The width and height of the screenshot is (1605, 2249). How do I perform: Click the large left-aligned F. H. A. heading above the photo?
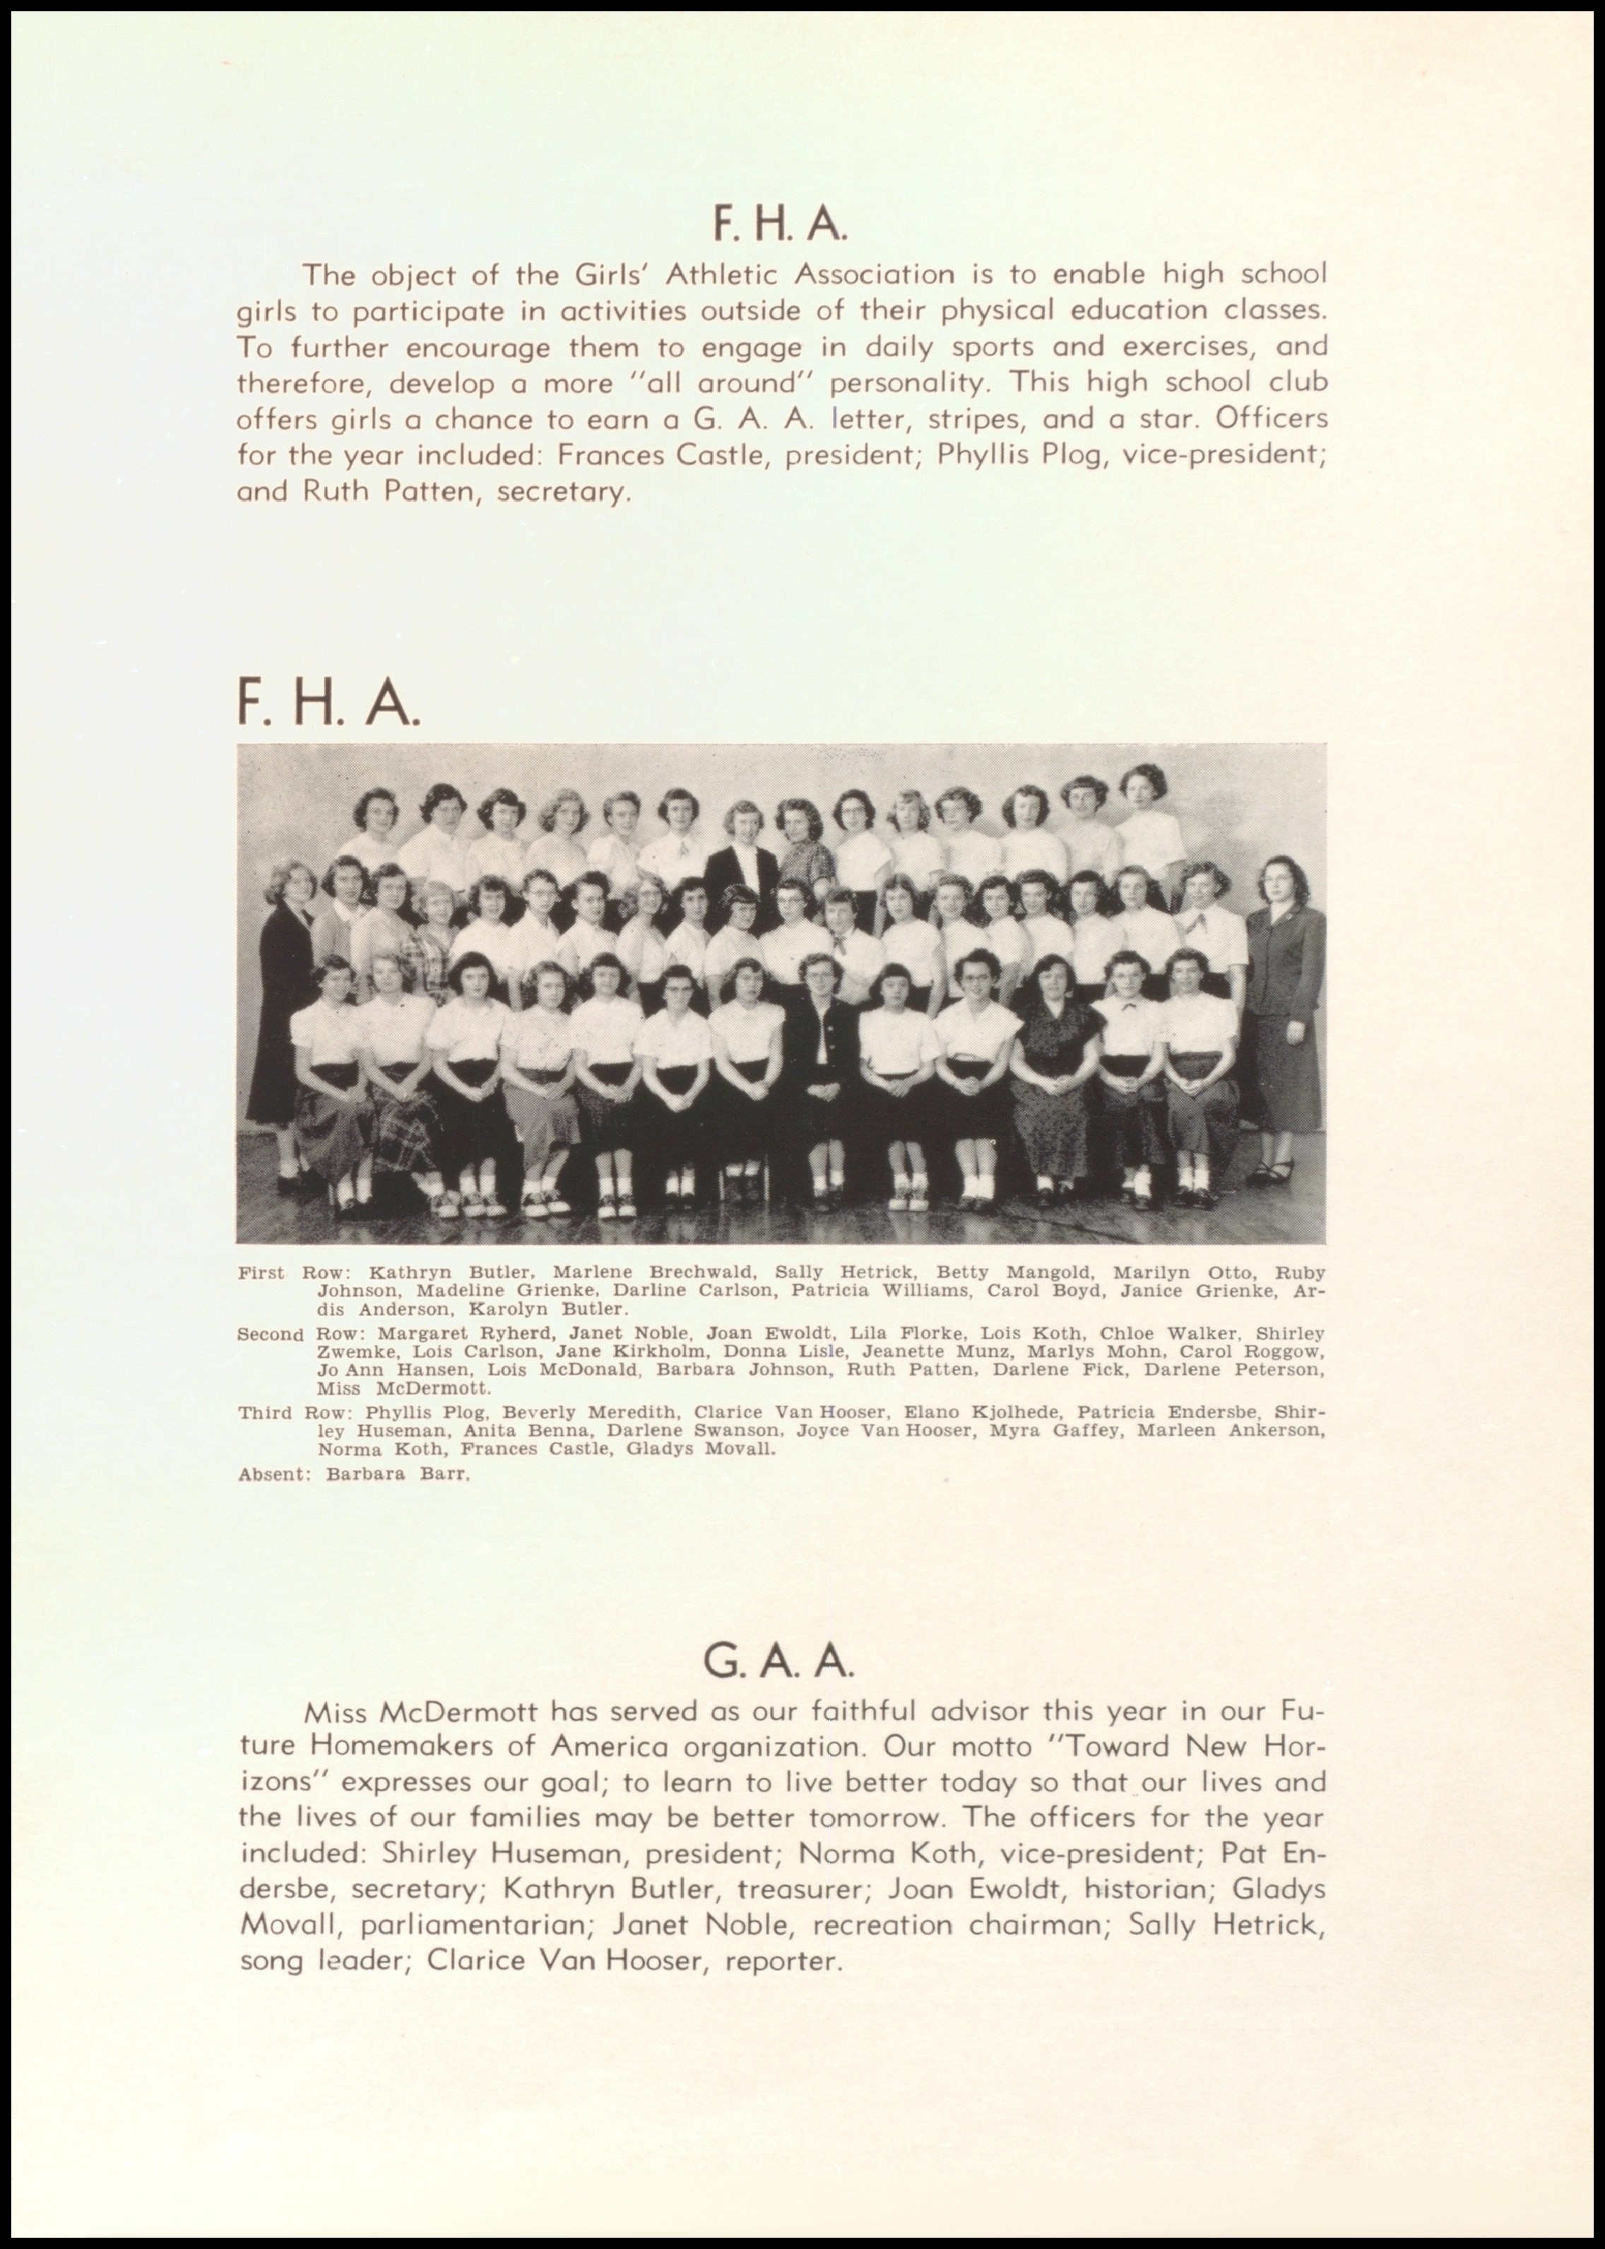pos(328,704)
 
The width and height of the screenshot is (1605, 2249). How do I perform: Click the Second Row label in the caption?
pos(270,1335)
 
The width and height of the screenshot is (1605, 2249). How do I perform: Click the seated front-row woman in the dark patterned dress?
pos(1052,1067)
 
